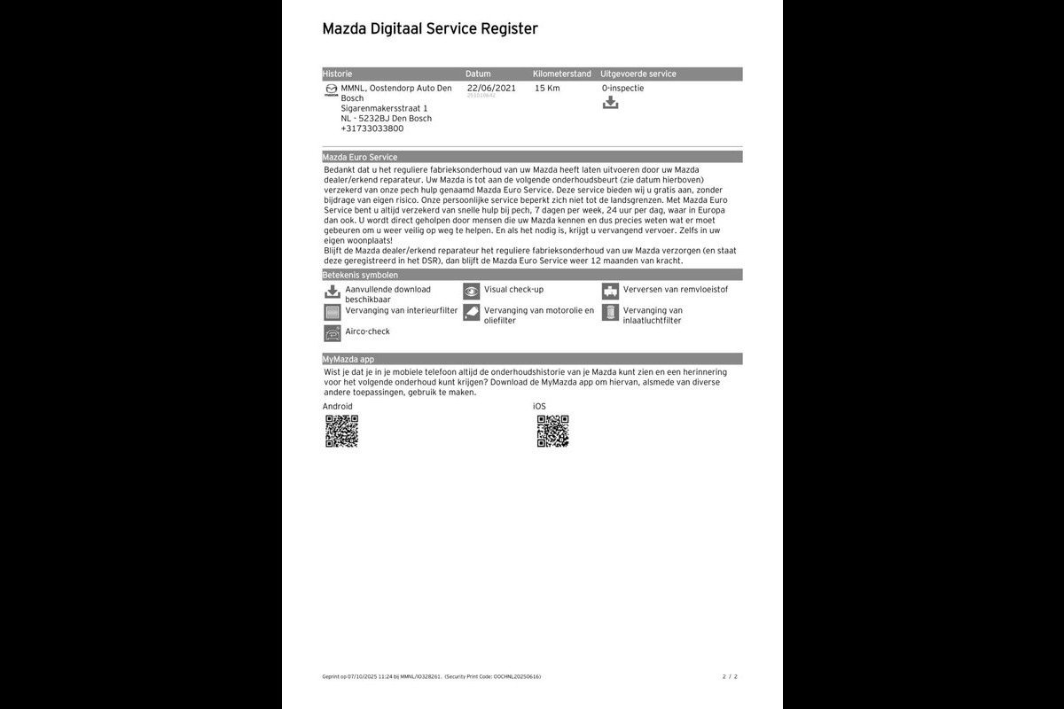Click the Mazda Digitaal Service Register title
[430, 29]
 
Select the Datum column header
[478, 74]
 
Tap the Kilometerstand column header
[562, 74]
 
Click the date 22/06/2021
[491, 88]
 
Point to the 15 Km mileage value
[547, 88]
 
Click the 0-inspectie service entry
[622, 88]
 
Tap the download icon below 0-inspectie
[610, 103]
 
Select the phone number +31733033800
[372, 129]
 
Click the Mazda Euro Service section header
[360, 157]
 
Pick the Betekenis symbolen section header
[360, 276]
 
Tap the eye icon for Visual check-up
[471, 291]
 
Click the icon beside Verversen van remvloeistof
[610, 291]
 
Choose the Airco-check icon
[332, 333]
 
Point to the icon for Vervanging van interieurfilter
[332, 312]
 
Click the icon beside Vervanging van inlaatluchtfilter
[610, 312]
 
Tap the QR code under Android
[341, 431]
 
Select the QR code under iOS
[552, 431]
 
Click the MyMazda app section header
[348, 359]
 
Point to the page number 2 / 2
[730, 676]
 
